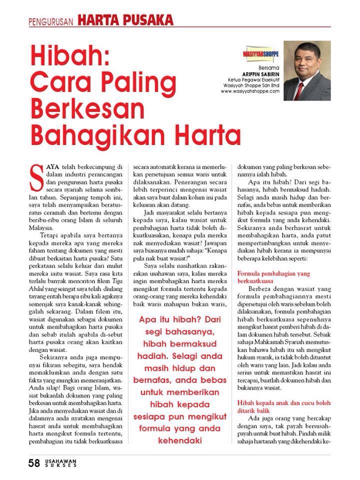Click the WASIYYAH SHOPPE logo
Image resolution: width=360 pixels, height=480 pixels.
point(260,52)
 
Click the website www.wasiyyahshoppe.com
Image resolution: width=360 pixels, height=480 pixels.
point(249,91)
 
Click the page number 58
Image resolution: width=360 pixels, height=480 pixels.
point(34,463)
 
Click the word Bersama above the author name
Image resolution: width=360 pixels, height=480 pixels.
point(268,66)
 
